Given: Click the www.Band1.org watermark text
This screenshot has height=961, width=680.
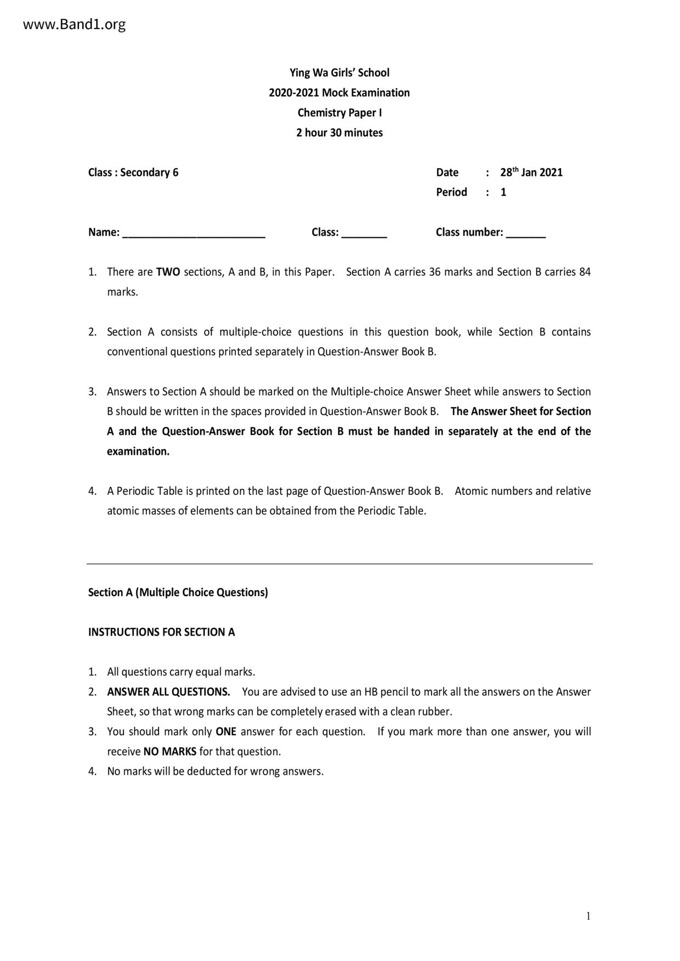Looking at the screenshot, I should [x=75, y=25].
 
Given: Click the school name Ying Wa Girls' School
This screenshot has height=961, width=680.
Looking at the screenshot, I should [x=339, y=73].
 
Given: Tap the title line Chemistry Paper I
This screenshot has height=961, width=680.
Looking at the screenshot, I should [x=339, y=113].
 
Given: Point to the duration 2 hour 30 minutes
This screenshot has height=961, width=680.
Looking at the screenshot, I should [x=339, y=133].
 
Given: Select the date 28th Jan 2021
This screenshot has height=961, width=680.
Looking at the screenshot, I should [x=531, y=173].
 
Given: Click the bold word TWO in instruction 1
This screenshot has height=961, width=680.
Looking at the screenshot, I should [x=168, y=272].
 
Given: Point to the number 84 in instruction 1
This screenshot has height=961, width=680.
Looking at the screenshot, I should [x=585, y=272].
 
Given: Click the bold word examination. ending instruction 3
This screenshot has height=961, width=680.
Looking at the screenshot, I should [x=138, y=451].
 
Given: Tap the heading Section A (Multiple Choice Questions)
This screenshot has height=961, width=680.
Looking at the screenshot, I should [x=178, y=592].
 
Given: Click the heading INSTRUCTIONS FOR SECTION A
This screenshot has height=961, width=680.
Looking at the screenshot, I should [x=162, y=632].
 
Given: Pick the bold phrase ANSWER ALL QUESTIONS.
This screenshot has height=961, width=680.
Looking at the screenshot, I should [x=168, y=692].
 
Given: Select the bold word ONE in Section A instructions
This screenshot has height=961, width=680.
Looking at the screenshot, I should [x=226, y=732].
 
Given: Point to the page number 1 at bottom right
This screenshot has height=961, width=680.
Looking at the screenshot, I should [x=588, y=916].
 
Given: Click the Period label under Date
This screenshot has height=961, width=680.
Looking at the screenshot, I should [x=451, y=192].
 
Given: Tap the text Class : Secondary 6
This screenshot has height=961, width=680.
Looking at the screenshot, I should [x=133, y=173].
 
